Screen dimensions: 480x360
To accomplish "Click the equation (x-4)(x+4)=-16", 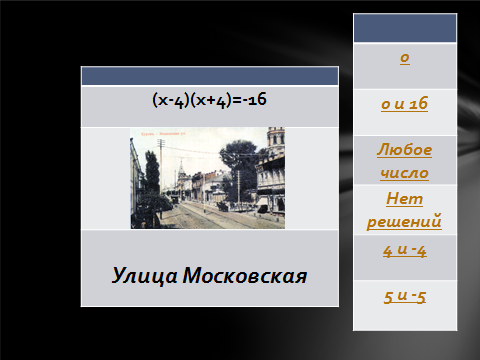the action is pyautogui.click(x=209, y=100).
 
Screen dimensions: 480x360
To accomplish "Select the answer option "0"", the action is pyautogui.click(x=405, y=58).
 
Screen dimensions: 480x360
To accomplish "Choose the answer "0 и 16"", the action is pyautogui.click(x=404, y=104).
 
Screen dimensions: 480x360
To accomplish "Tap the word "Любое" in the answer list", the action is pyautogui.click(x=404, y=150).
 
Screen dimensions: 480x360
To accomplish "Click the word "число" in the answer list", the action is pyautogui.click(x=404, y=173).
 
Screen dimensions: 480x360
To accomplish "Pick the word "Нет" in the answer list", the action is pyautogui.click(x=404, y=199).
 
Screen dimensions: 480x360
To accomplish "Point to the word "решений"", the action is pyautogui.click(x=404, y=221).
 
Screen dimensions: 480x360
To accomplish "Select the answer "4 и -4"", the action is pyautogui.click(x=405, y=251).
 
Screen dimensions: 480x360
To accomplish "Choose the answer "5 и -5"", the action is pyautogui.click(x=405, y=296).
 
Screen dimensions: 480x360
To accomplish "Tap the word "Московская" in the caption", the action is pyautogui.click(x=245, y=276).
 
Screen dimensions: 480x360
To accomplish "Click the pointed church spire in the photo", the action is pyautogui.click(x=181, y=168).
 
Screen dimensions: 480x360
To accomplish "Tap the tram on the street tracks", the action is pyautogui.click(x=174, y=199).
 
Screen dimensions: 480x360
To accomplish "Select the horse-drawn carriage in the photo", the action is pyautogui.click(x=223, y=207).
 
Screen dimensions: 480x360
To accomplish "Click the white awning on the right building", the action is pyautogui.click(x=263, y=201).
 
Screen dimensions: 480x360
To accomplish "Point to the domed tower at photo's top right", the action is pyautogui.click(x=276, y=140).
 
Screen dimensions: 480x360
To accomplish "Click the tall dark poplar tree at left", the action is pyautogui.click(x=152, y=172).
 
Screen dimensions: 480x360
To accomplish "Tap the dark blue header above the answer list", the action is pyautogui.click(x=405, y=28).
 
